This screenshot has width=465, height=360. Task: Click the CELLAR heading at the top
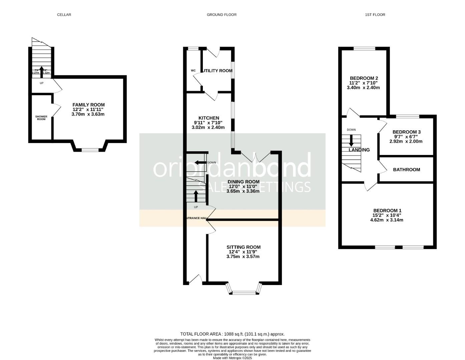[64, 15]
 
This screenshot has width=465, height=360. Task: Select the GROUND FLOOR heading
[221, 15]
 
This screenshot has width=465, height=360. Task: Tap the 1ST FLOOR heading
[375, 15]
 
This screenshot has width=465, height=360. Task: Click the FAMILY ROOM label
[88, 105]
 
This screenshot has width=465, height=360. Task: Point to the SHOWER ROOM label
[41, 118]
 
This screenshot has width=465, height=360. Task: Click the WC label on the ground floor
[193, 71]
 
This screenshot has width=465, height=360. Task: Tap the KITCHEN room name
[208, 118]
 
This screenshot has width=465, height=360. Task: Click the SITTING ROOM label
[244, 247]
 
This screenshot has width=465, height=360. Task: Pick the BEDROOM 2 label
[364, 78]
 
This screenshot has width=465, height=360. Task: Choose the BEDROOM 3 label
[406, 132]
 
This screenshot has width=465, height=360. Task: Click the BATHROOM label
[406, 170]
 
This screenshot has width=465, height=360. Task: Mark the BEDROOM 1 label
[387, 211]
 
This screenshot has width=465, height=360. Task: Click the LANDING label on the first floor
[359, 150]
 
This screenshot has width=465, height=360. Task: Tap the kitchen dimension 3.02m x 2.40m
[208, 127]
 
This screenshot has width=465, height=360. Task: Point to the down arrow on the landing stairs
[351, 140]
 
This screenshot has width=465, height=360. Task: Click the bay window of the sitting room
[244, 292]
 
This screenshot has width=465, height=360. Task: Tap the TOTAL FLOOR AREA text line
[232, 334]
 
